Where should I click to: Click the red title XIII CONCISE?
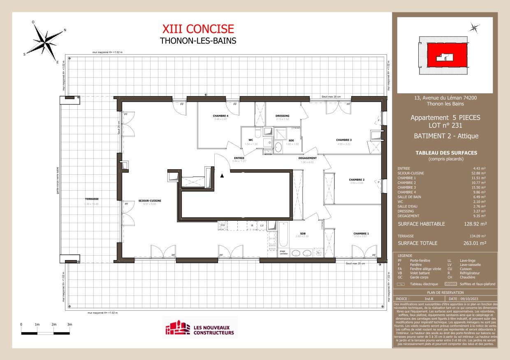tap(198, 29)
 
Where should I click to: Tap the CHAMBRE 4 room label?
tap(220, 115)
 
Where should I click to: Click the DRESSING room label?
tap(282, 116)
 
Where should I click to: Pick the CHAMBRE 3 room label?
tap(343, 140)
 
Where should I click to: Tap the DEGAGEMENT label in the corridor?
tap(307, 158)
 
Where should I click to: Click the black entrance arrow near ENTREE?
tap(222, 175)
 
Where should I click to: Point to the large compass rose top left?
tap(45, 41)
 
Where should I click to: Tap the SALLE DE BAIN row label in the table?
tap(409, 197)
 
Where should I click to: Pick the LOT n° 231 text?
tap(445, 125)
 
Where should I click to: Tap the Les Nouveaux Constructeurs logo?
tap(199, 327)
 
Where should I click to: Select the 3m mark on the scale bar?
tap(70, 325)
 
